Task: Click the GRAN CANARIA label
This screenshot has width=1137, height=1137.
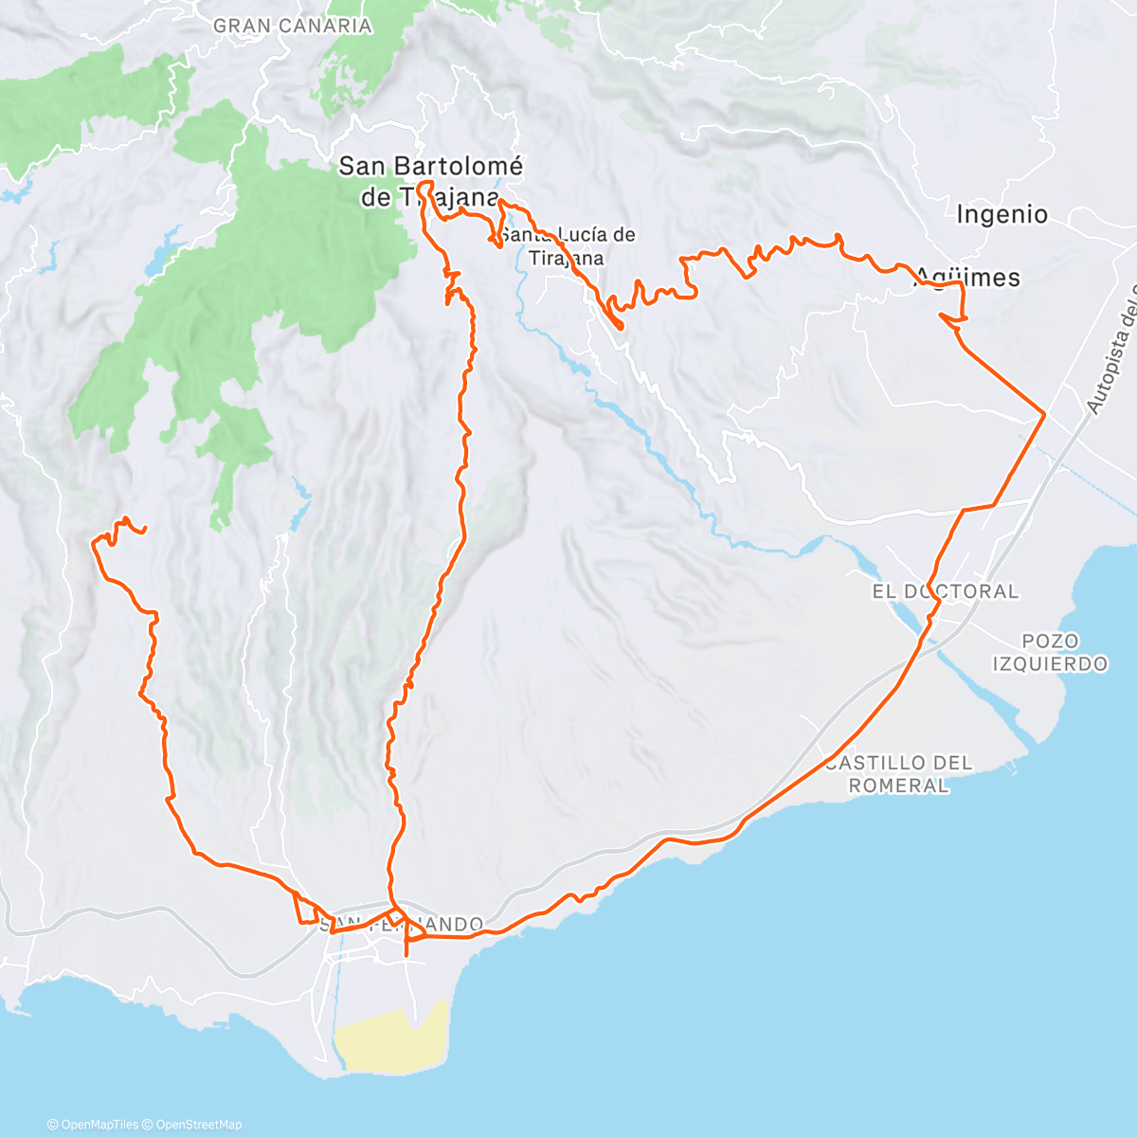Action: click(292, 27)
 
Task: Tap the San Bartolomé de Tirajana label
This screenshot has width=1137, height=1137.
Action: click(430, 181)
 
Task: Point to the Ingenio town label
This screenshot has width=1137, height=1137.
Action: click(1002, 214)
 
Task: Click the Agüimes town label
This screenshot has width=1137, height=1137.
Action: click(967, 278)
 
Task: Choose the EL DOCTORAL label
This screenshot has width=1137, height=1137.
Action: click(945, 591)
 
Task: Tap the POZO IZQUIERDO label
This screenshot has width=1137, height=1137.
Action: click(1050, 653)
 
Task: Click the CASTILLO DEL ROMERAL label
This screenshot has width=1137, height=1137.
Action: click(898, 774)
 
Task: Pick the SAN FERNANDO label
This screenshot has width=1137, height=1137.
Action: click(403, 924)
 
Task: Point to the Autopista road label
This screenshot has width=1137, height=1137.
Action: click(1111, 351)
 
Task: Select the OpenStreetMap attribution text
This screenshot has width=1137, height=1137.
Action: click(198, 1125)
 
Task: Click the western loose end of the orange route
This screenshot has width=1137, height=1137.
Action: click(144, 532)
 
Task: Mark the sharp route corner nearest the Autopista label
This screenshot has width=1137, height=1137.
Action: click(1044, 414)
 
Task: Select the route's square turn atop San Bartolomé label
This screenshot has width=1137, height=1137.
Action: click(425, 183)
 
